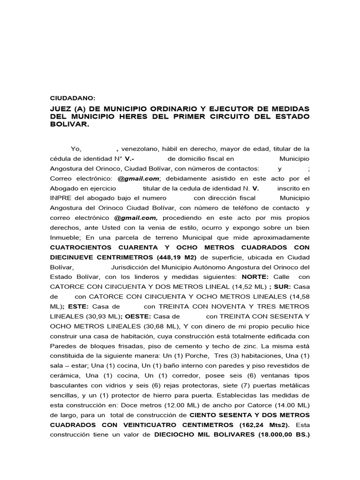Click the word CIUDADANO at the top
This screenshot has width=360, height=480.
[72, 98]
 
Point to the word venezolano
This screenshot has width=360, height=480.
[140, 149]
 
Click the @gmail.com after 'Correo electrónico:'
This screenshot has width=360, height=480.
[139, 179]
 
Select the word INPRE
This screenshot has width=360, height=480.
[60, 198]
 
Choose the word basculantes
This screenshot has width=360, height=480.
[72, 385]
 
